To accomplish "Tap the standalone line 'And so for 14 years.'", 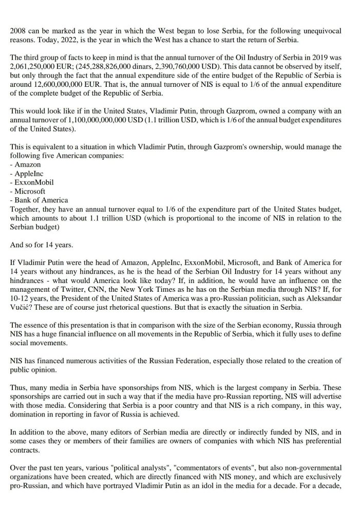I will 42,235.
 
